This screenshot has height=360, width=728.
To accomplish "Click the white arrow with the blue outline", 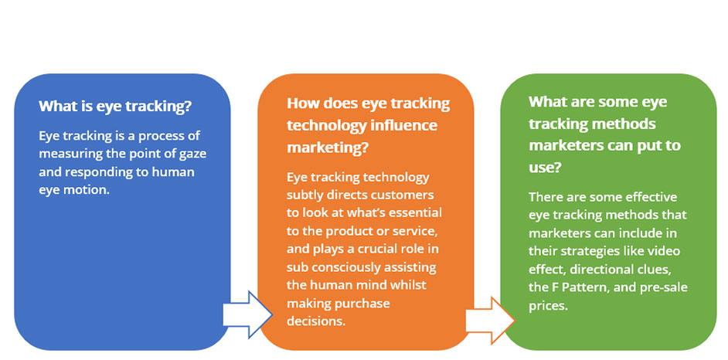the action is pos(248,314).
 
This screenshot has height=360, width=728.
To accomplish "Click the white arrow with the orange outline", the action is pos(490,320).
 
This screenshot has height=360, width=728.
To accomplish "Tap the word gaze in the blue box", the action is pos(192,154).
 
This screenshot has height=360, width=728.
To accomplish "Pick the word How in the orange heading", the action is pos(301,103).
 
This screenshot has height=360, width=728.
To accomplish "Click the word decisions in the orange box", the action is pos(316,321).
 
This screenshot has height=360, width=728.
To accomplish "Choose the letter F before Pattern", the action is pos(557,287).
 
